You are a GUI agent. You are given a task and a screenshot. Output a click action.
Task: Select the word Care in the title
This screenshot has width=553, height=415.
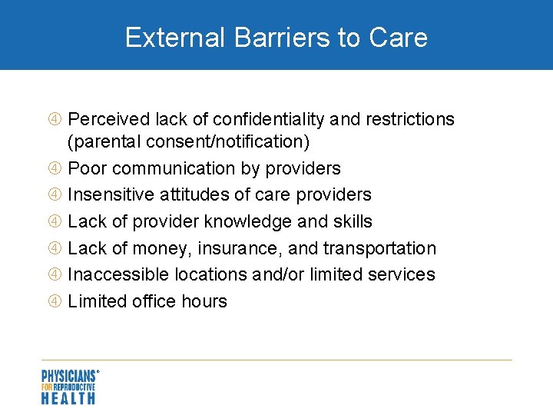coord(399,37)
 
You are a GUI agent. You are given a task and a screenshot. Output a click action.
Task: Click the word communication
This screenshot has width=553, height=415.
coord(184,168)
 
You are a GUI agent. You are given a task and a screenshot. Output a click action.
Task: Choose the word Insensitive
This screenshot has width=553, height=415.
coord(108,194)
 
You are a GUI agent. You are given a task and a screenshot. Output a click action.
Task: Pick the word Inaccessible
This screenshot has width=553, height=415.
coord(116,274)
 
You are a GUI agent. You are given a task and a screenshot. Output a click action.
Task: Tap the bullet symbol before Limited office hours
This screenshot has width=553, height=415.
coord(56,301)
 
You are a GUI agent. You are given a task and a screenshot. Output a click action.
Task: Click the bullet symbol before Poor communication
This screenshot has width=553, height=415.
coord(56,168)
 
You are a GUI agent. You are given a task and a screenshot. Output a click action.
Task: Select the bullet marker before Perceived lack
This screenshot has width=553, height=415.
coord(56,120)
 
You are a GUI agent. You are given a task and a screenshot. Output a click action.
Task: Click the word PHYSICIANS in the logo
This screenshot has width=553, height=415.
coord(68,376)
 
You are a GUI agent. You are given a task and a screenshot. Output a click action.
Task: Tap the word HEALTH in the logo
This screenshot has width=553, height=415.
coord(68,398)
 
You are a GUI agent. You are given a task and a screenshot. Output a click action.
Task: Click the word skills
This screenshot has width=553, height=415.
coord(352,221)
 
